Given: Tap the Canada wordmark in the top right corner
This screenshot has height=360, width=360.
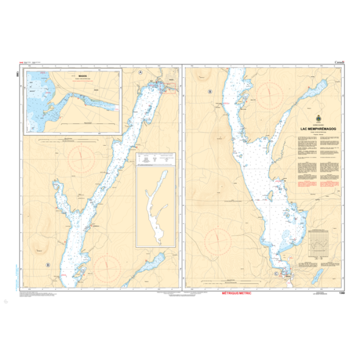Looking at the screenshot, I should (340, 62).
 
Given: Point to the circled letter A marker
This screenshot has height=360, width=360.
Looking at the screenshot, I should (141, 72).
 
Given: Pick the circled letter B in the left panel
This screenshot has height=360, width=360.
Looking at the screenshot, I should (48, 265).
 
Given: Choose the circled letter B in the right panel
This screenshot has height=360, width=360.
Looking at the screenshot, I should (209, 92).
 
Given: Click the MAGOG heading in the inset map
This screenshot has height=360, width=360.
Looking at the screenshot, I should (74, 76).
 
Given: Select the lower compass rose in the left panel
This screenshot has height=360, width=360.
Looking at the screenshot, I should (107, 264).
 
